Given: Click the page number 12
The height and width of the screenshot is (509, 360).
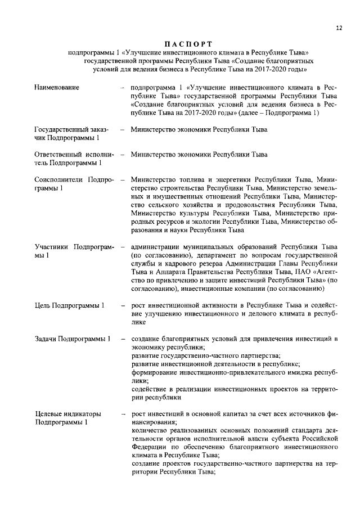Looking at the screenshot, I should point(338,28).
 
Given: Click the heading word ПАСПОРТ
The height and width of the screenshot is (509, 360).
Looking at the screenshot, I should point(188,43).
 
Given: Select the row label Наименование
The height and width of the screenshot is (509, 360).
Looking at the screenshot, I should point(56,87).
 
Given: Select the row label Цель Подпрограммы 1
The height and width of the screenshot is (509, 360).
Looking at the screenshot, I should point(69,305).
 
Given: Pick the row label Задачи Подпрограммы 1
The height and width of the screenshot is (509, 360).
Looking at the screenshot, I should point(72,339).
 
